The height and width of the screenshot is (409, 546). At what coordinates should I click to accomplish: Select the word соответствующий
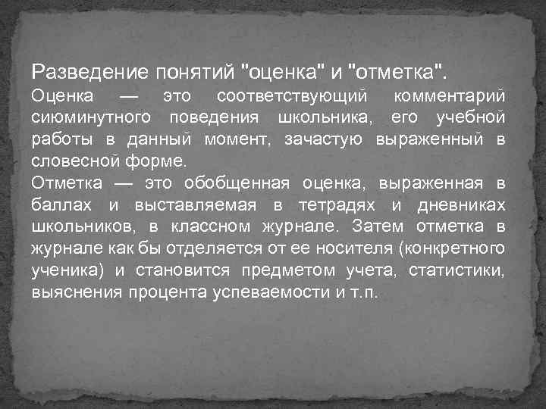point(291,98)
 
